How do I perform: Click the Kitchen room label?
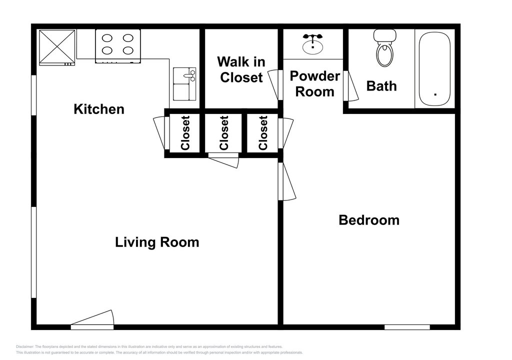point(99,109)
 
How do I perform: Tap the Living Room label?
point(157,242)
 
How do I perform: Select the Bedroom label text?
point(369,220)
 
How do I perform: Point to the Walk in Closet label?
point(241,69)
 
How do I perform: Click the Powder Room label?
point(315,84)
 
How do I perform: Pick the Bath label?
point(381,86)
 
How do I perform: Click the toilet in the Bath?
point(385,47)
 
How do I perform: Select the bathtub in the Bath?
point(434,68)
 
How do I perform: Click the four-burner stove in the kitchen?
point(118,45)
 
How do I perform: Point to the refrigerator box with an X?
point(57,47)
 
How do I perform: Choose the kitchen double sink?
point(184,84)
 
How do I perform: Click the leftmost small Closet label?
point(185,133)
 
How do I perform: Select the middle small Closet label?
point(224,133)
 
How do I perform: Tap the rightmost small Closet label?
point(263,133)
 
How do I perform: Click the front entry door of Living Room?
point(92,320)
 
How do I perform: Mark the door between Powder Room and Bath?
point(350,86)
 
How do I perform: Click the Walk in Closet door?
point(275,85)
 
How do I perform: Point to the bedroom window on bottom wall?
point(407,327)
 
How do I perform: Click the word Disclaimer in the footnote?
point(24,347)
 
